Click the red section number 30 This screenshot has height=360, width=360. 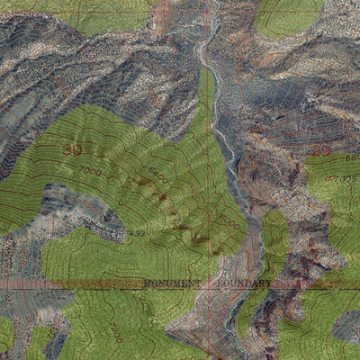pyautogui.click(x=73, y=149)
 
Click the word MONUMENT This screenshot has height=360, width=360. pyautogui.click(x=174, y=283)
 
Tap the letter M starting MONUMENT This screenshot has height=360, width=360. pyautogui.click(x=147, y=283)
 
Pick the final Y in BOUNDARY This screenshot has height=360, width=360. pyautogui.click(x=267, y=283)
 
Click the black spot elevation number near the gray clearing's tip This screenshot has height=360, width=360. pyautogui.click(x=136, y=233)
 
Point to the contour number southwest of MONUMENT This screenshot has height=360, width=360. pyautogui.click(x=116, y=334)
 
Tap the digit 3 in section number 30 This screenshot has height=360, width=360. pyautogui.click(x=68, y=149)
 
